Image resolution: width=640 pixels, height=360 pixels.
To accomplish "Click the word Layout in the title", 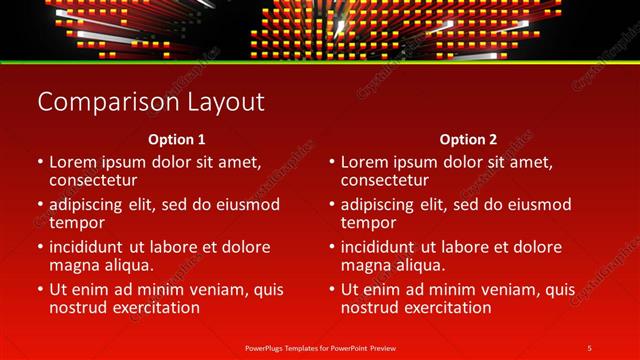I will [x=230, y=102].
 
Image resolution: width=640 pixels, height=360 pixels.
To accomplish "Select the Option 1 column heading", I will [x=176, y=139].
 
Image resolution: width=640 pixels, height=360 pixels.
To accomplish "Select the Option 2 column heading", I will [x=468, y=139].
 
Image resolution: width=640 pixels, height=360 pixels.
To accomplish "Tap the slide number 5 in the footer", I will [x=589, y=347].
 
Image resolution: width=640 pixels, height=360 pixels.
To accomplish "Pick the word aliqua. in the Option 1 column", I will [x=124, y=265].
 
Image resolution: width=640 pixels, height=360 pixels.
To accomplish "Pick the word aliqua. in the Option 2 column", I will [x=416, y=265].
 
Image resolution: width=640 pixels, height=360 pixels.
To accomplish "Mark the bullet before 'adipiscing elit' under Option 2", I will [x=331, y=205].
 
